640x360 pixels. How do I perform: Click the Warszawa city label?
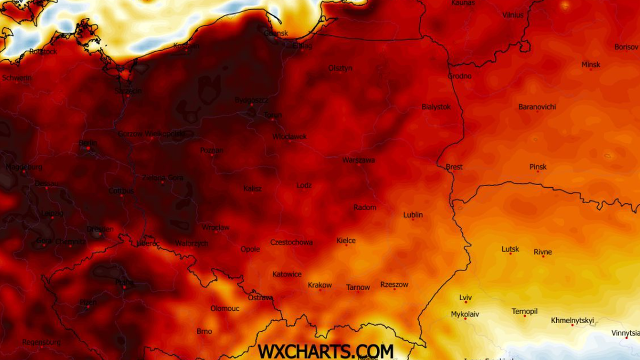coord(358,160)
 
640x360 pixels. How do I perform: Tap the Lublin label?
coord(413,215)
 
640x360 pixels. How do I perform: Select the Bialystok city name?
coord(436,107)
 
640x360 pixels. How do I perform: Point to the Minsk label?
coord(590,65)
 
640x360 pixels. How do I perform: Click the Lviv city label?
coord(465,298)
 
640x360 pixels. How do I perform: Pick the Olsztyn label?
coord(340,68)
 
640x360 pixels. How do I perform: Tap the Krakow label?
coord(319,285)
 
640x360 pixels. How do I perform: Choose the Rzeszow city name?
coord(394,285)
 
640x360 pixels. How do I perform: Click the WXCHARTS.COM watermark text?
coord(325,351)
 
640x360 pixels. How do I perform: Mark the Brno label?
coord(204,331)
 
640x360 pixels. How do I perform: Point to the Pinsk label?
coord(538,167)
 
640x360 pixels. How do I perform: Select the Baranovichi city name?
coord(537,107)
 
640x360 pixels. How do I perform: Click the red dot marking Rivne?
coord(543,257)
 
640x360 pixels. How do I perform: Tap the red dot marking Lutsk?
coord(510,254)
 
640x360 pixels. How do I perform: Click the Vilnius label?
coord(513,15)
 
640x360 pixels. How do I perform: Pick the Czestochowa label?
coord(291,242)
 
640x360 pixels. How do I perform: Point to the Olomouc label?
coord(225,308)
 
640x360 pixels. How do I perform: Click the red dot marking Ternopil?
coord(524,316)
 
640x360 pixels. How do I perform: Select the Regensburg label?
coord(41,342)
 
